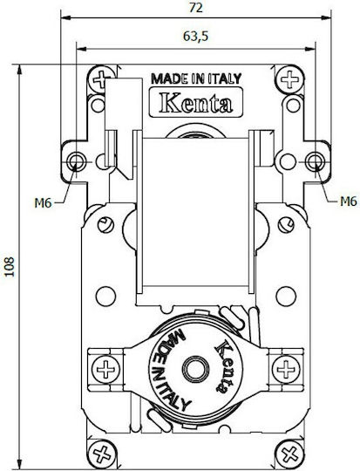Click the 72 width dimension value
click(196, 8)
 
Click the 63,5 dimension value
click(195, 37)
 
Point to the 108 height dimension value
click(10, 267)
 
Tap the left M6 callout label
click(44, 203)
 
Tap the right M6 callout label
click(349, 201)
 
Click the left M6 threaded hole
click(75, 162)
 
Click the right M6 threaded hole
click(315, 161)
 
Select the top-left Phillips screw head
click(101, 79)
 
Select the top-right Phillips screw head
click(289, 79)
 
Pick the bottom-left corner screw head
click(102, 454)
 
